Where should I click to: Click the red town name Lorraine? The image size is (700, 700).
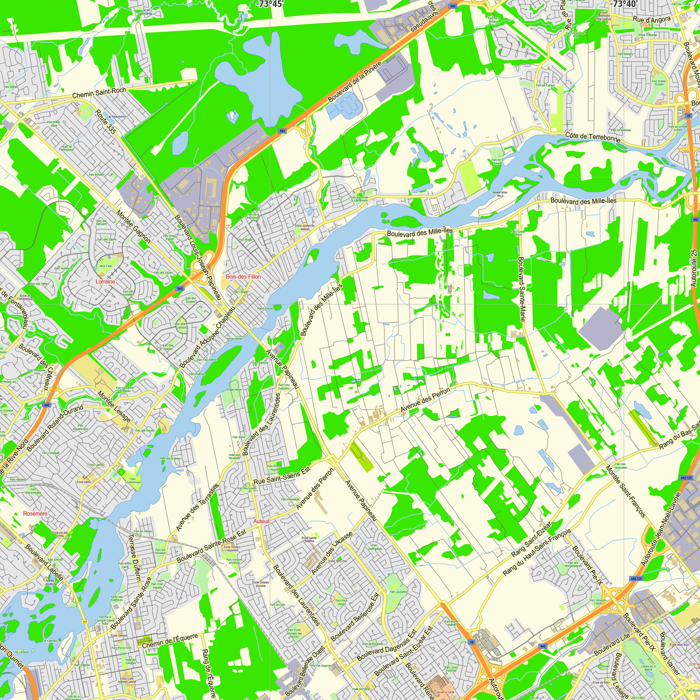(105, 281)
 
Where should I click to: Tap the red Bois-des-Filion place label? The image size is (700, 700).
(243, 276)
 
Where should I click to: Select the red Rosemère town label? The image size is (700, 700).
(35, 513)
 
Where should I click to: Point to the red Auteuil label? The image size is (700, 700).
(261, 521)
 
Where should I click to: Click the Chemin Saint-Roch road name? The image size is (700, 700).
(99, 93)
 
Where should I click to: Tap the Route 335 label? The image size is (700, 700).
(105, 122)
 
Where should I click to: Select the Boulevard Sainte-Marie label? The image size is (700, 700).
(521, 289)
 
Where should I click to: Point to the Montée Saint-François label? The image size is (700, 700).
(625, 491)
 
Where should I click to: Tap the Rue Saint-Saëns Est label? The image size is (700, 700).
(282, 476)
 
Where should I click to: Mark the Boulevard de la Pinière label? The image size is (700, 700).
(355, 82)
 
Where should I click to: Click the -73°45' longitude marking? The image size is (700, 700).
(269, 4)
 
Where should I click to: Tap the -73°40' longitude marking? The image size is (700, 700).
(623, 4)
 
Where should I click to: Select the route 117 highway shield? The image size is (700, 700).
(85, 622)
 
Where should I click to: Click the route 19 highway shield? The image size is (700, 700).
(471, 642)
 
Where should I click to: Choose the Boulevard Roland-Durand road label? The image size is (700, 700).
(55, 428)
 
